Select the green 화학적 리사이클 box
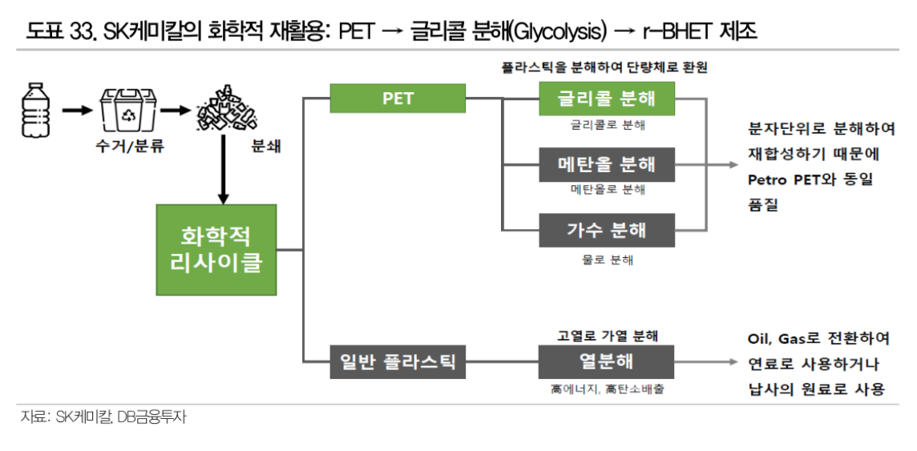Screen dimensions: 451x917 click(x=216, y=249)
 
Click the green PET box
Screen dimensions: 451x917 click(x=398, y=99)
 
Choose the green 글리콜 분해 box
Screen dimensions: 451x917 click(x=607, y=99)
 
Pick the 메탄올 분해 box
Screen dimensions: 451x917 click(x=607, y=164)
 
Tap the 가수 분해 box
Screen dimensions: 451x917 click(x=607, y=231)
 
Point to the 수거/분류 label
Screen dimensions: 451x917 click(x=125, y=147)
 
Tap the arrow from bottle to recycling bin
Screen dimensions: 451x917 click(x=77, y=109)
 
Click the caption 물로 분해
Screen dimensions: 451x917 click(x=607, y=260)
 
